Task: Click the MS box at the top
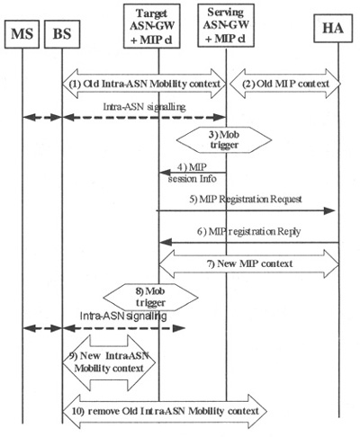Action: [22, 34]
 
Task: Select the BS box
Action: [62, 34]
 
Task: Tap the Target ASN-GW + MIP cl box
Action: [152, 26]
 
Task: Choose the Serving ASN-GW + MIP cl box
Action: [226, 25]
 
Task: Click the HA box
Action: [333, 28]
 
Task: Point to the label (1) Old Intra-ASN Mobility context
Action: [145, 84]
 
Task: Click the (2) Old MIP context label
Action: [285, 84]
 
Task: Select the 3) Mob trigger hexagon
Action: [224, 139]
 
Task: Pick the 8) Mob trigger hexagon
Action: [150, 297]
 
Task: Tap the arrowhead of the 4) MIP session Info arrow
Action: [164, 173]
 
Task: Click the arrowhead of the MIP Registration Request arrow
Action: [329, 210]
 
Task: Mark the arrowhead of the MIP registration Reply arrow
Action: [165, 242]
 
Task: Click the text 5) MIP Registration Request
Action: [246, 199]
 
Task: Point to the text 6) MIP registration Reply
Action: [248, 231]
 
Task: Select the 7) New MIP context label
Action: [249, 263]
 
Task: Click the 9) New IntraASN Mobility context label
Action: [109, 361]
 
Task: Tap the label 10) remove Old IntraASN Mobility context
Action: [166, 411]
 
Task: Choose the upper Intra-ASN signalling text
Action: [144, 107]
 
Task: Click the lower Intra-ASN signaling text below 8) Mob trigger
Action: [123, 316]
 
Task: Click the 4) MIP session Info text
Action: [192, 173]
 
